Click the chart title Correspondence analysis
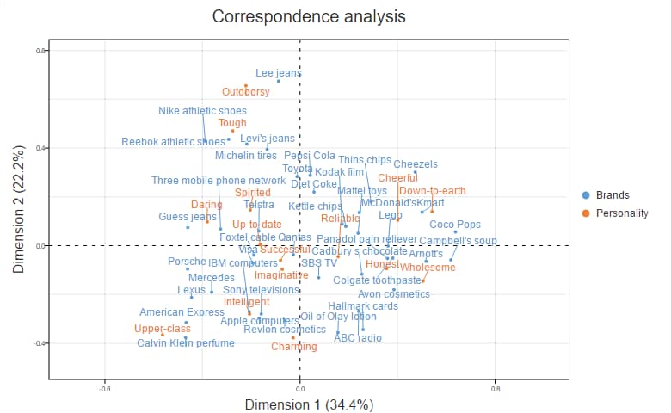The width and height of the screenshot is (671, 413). coord(309,17)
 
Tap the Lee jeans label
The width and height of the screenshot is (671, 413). coord(279,74)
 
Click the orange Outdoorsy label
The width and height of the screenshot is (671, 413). coord(246,92)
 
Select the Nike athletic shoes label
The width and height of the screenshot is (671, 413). coord(202,111)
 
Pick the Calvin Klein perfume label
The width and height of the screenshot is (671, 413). coord(186,343)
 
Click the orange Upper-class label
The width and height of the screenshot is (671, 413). coord(163,329)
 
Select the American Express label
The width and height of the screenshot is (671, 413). coord(182,312)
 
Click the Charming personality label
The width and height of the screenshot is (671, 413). coord(294,347)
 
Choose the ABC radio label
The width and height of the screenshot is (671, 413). coord(358,338)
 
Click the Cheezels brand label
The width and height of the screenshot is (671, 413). coord(416,164)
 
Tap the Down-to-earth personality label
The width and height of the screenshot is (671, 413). coord(433,191)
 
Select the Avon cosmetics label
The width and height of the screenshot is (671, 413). coord(393,294)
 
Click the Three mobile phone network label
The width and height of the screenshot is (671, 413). coord(219,181)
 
